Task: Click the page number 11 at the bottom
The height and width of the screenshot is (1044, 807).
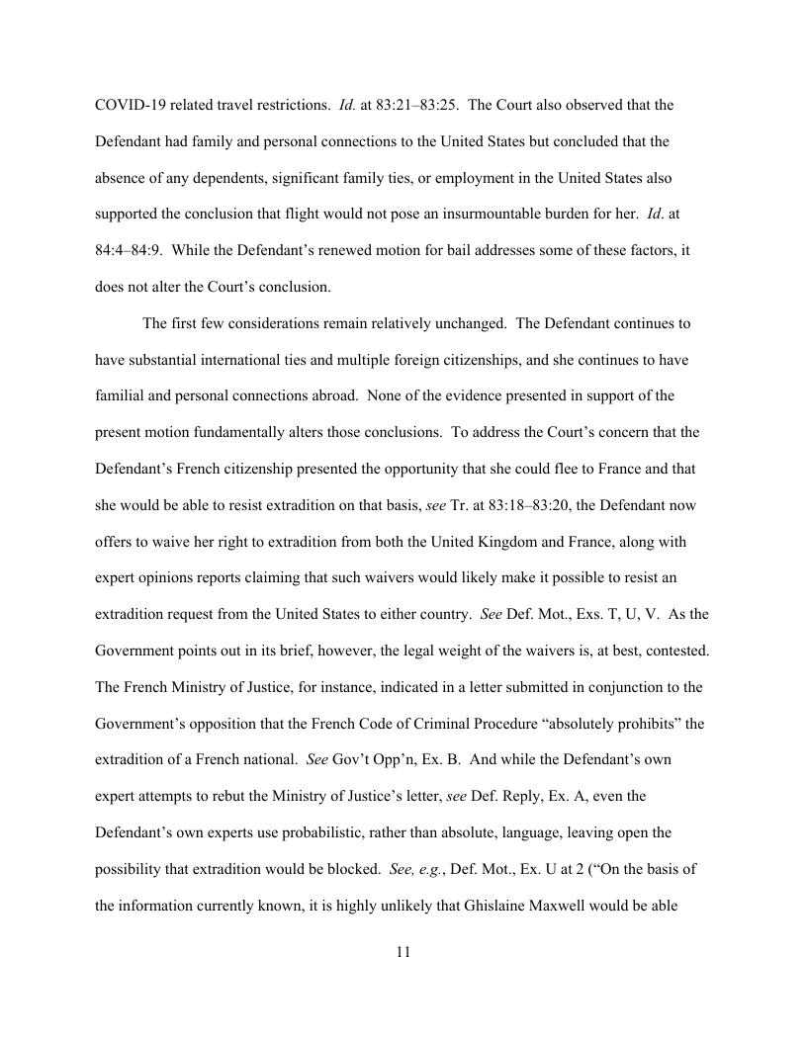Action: [403, 952]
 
